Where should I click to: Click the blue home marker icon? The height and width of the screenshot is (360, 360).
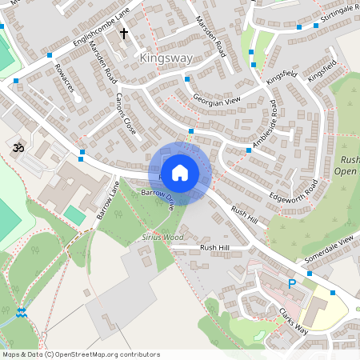click(180, 172)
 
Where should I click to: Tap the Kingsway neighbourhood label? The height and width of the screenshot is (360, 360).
click(166, 58)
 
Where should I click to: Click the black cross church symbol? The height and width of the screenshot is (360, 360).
click(124, 34)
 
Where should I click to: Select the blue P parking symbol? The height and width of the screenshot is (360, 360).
click(292, 284)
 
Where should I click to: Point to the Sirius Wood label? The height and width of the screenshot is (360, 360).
click(162, 238)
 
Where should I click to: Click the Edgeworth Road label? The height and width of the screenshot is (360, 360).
click(294, 190)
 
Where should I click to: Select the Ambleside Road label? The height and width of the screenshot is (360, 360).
click(265, 125)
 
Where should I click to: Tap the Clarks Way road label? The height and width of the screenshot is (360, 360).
click(294, 318)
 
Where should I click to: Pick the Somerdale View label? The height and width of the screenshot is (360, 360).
click(329, 250)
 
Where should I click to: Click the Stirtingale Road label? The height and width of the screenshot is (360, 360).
click(335, 14)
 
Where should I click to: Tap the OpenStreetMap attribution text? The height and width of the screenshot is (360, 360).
click(80, 354)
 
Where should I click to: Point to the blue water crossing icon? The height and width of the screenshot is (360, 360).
click(22, 312)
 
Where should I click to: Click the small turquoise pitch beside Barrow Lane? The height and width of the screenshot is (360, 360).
click(74, 214)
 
